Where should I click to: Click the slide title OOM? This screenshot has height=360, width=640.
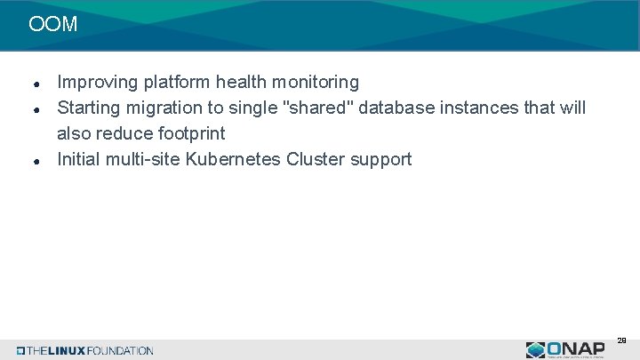pyautogui.click(x=52, y=25)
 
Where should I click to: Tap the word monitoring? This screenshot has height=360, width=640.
pyautogui.click(x=316, y=83)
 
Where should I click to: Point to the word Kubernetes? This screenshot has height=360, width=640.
pyautogui.click(x=233, y=160)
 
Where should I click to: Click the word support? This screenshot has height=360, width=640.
pyautogui.click(x=381, y=160)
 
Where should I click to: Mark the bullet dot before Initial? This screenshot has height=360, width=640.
pyautogui.click(x=34, y=162)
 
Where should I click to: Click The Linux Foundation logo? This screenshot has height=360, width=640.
pyautogui.click(x=85, y=350)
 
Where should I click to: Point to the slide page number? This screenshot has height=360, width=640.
pyautogui.click(x=621, y=340)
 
